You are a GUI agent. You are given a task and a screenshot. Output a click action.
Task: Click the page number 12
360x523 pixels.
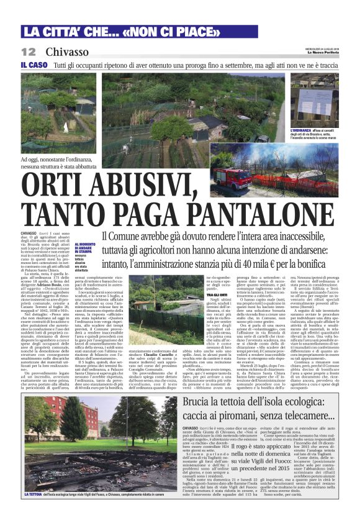tap(29, 52)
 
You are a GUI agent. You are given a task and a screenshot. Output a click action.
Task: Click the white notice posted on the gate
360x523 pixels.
tap(314, 102)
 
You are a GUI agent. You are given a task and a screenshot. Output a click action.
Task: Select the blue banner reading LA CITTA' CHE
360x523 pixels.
tap(68, 32)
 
